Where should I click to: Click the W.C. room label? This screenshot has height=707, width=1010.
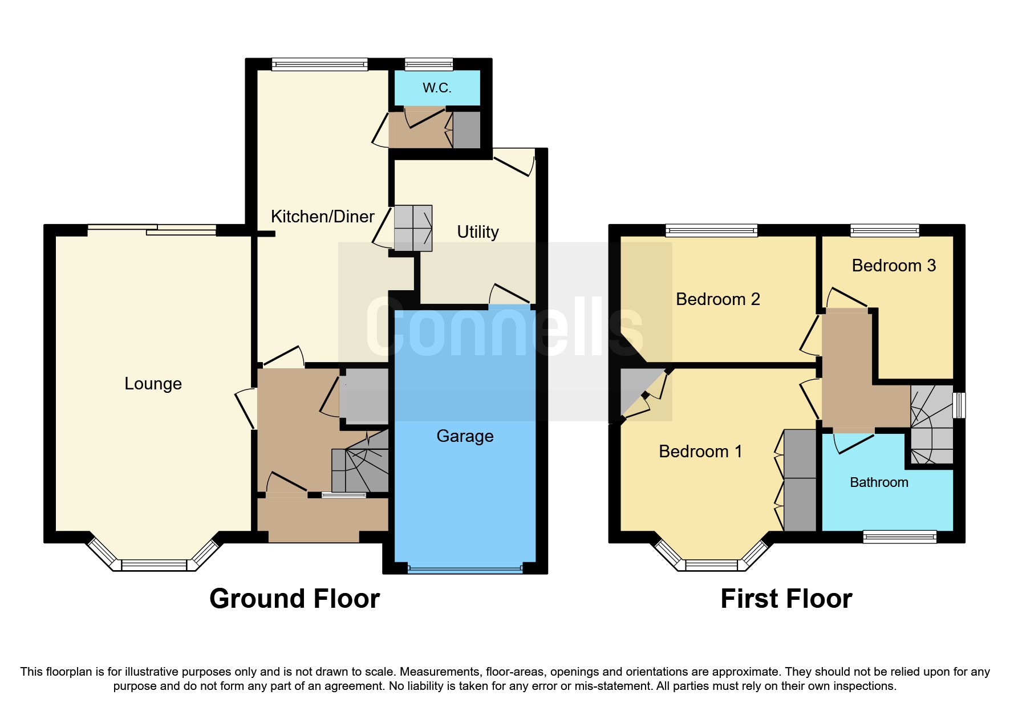tap(437, 88)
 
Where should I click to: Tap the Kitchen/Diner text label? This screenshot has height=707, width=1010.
tap(322, 217)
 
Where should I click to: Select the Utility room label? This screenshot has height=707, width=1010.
tap(478, 232)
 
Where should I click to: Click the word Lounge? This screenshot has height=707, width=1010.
tap(153, 384)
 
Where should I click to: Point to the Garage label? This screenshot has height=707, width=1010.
tap(465, 436)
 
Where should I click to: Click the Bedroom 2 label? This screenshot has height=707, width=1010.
tap(717, 299)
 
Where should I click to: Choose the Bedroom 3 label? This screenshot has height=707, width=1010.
tap(894, 266)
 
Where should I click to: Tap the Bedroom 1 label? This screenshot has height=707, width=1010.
tap(700, 452)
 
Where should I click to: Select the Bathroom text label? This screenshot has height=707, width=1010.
tap(879, 482)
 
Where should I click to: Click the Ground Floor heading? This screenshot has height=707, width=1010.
tap(294, 599)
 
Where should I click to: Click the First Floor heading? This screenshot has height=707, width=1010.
tap(786, 599)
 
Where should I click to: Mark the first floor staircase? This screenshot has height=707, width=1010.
tap(931, 425)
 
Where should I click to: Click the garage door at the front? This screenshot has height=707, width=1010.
tap(465, 568)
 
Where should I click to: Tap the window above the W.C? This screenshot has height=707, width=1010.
tap(429, 64)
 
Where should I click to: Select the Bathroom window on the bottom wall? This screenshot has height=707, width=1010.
tap(899, 537)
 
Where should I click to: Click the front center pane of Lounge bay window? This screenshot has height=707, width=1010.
tap(154, 565)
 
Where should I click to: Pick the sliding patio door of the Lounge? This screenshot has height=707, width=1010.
tap(152, 230)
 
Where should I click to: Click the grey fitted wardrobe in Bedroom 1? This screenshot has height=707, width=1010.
tap(800, 480)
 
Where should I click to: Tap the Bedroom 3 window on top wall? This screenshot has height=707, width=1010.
tap(885, 230)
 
